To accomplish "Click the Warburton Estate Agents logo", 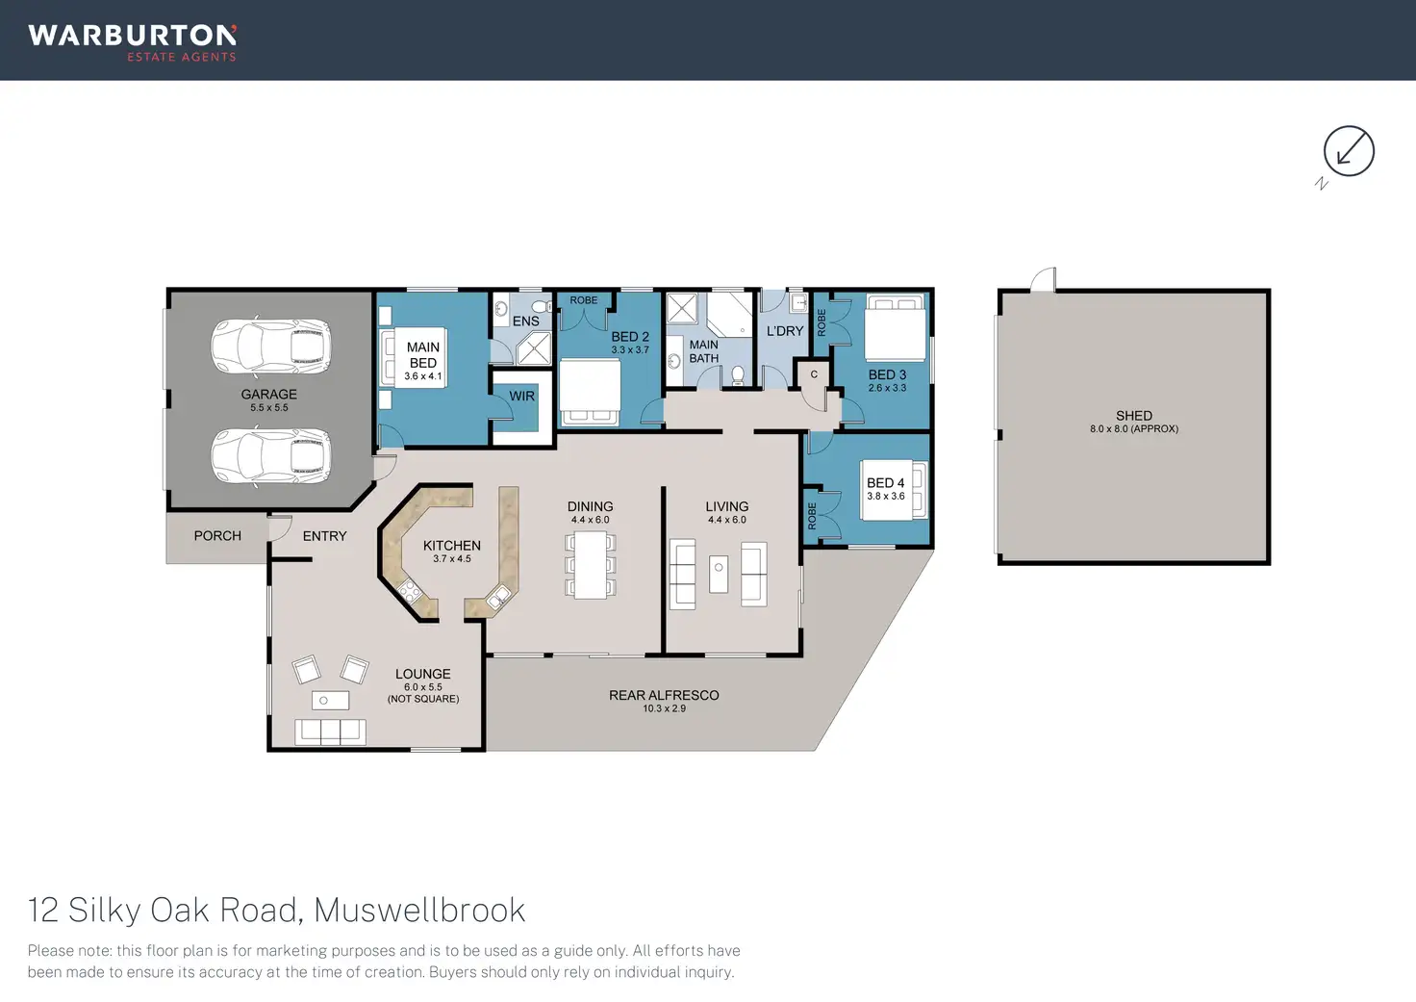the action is coord(133,42).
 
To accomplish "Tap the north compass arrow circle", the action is coord(1349,151).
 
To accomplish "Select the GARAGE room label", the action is coord(268,395).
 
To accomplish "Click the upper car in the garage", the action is coord(271,347).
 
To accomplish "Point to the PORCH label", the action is coord(217,536).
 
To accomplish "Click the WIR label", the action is coord(522,397).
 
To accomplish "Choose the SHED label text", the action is coord(1134,416).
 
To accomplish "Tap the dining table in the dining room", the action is coord(590,565).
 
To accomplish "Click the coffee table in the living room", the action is coord(719,575).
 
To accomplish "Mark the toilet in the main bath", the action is coord(738,374).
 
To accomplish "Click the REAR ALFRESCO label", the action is coord(664,695).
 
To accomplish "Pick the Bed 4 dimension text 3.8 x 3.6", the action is coord(886,497).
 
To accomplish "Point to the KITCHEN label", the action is coord(452,546).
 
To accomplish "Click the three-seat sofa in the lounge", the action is coord(330,731).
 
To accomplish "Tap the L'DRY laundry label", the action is coord(785,331).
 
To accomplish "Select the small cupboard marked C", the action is coord(813,374).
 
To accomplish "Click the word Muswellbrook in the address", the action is coord(419,910).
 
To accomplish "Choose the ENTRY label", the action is coord(325,536).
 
